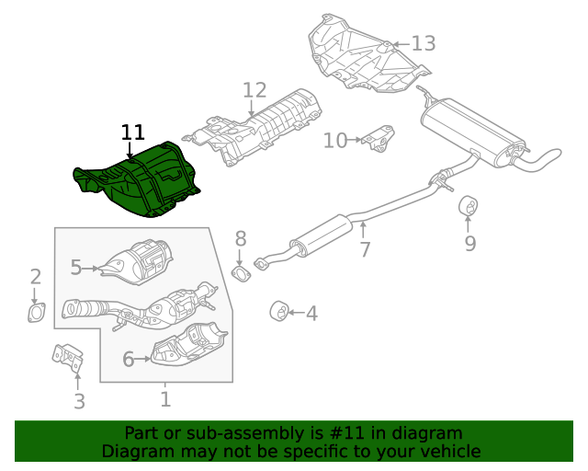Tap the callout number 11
coord(132,132)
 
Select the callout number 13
coord(423,42)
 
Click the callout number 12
coord(254,90)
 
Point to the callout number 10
coord(335,140)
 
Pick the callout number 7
coord(365,248)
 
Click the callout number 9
coord(469,244)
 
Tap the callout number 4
coord(311,314)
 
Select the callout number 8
coord(241,239)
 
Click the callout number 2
coord(36,277)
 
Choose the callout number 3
coord(79,401)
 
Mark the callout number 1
coord(165,399)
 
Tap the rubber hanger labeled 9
coord(468,204)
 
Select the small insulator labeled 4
coord(278,312)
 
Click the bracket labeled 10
coord(379,141)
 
